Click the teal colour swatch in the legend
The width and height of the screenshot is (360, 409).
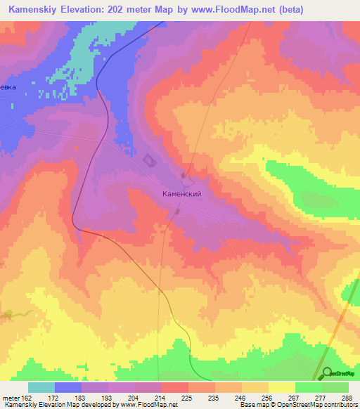pyautogui.click(x=41, y=387)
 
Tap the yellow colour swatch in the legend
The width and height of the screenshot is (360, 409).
pyautogui.click(x=281, y=387)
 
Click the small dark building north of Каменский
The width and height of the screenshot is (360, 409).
pyautogui.click(x=184, y=175)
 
